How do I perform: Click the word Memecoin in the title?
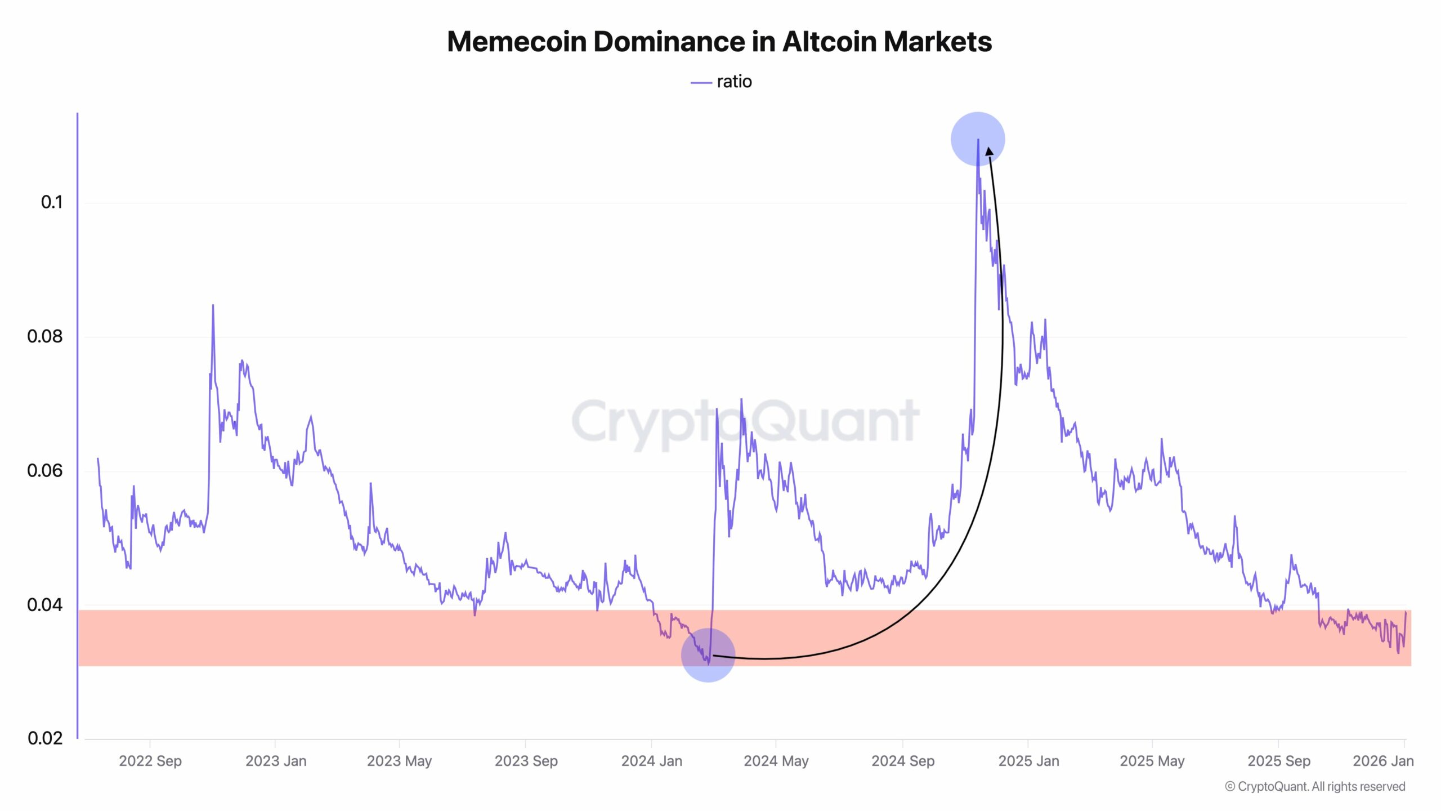[517, 42]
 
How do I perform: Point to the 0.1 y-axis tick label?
[52, 202]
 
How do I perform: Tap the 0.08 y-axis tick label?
[45, 336]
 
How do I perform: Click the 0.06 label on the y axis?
[45, 470]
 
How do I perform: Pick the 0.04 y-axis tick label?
[45, 605]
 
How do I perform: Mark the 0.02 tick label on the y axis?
[45, 738]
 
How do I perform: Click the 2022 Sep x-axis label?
[150, 761]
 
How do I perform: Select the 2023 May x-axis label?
[399, 761]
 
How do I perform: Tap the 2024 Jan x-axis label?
[651, 761]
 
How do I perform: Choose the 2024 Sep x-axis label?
[903, 761]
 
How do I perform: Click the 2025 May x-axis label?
[1152, 761]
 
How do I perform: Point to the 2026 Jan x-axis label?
[1382, 761]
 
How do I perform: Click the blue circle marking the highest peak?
[978, 139]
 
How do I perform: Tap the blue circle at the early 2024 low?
[708, 655]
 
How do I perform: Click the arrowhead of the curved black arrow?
[989, 151]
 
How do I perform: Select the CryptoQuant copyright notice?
[1315, 786]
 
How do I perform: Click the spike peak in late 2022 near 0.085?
[213, 306]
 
